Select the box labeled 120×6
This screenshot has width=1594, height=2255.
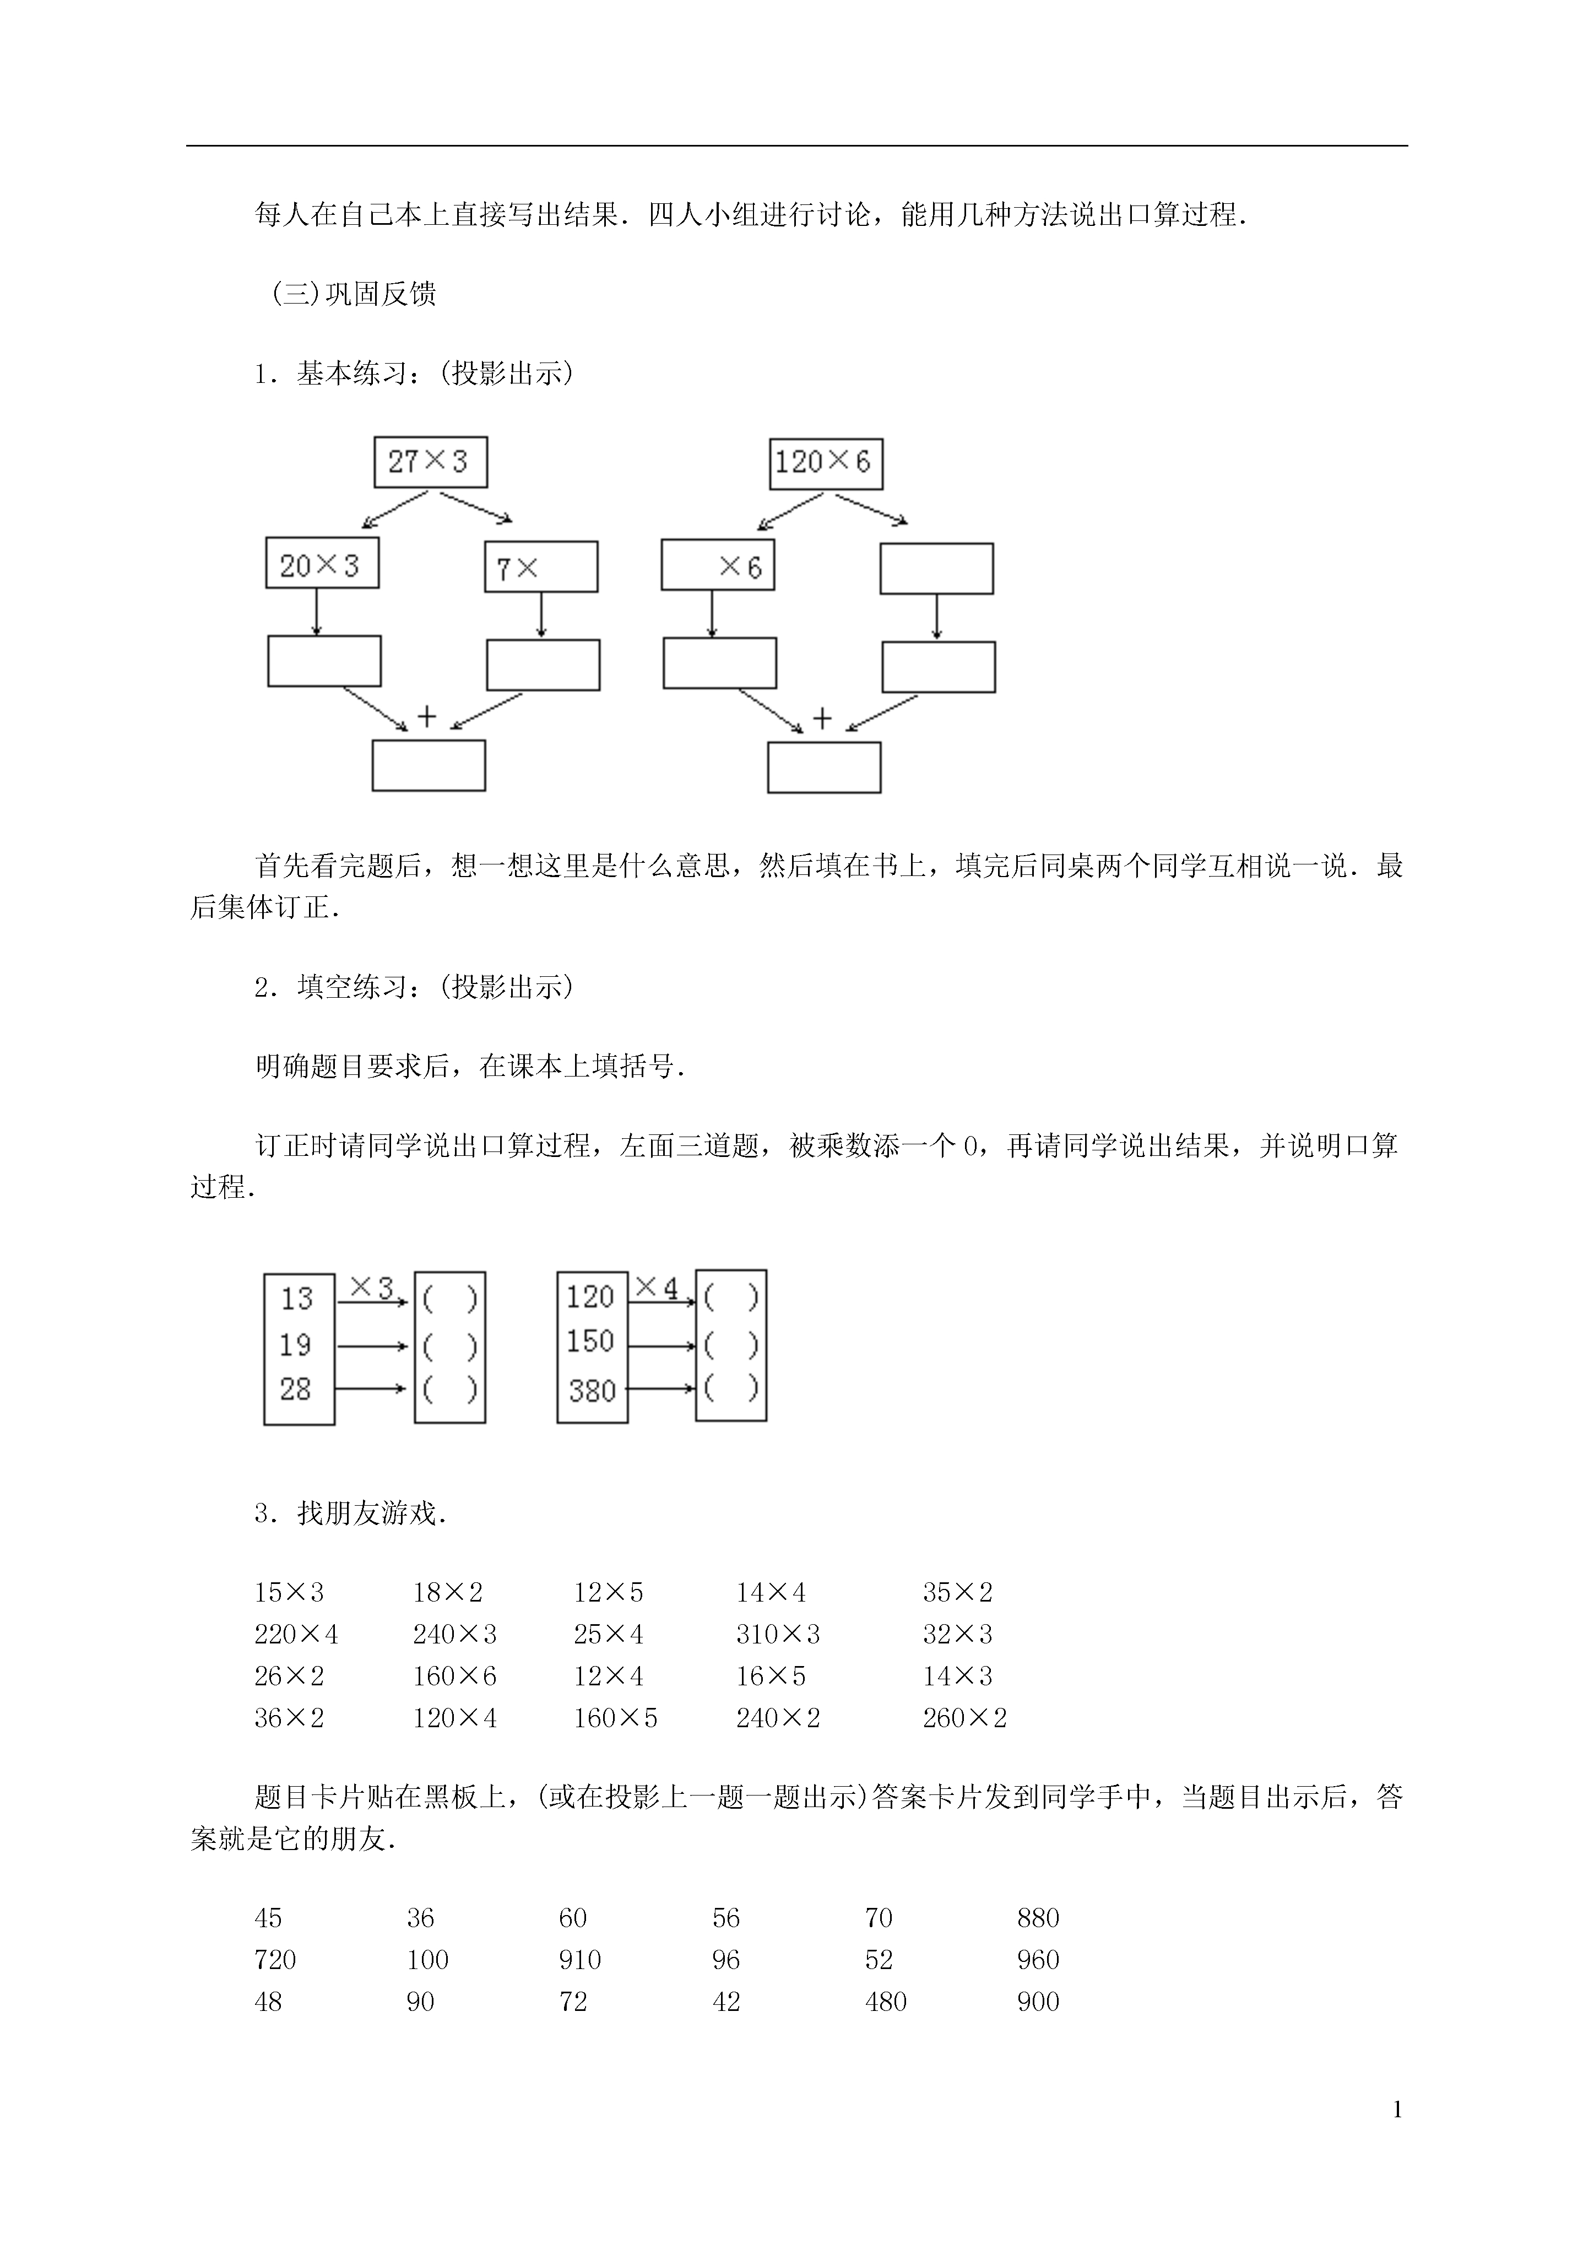click(826, 463)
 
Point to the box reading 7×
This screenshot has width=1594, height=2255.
click(541, 567)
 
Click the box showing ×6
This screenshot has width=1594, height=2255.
click(718, 565)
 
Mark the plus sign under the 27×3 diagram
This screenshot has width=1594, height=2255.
click(426, 717)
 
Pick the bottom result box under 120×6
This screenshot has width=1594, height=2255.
click(824, 767)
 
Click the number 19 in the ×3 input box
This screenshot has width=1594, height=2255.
click(296, 1344)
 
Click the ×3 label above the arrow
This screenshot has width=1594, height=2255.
click(371, 1286)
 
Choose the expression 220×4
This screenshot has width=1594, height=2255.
click(296, 1634)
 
